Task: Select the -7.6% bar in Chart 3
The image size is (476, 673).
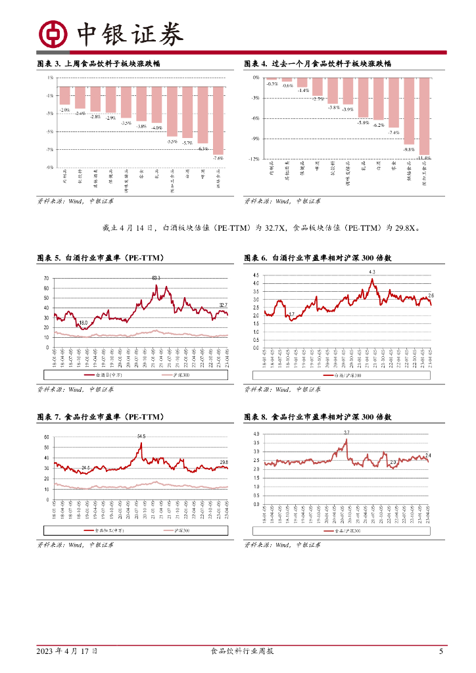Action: pos(218,120)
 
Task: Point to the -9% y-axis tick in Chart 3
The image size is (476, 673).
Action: pos(51,168)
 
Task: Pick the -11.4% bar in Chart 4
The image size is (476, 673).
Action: pos(424,117)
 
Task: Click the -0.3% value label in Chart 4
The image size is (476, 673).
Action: pos(272,83)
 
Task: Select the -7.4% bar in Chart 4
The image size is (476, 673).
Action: pos(393,103)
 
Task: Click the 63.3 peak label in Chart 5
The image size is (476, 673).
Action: pos(156,278)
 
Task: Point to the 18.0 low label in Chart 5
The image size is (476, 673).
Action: pos(83,323)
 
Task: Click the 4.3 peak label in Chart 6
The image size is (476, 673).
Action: pos(372,272)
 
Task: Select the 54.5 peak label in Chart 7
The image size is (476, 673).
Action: pos(141,436)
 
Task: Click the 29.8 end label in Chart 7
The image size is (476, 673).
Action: pos(224,462)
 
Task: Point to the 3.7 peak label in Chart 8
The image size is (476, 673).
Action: pos(346,432)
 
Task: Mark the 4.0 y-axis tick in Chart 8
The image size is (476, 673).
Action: pos(256,434)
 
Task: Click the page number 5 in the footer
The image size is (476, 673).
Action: pos(441,651)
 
